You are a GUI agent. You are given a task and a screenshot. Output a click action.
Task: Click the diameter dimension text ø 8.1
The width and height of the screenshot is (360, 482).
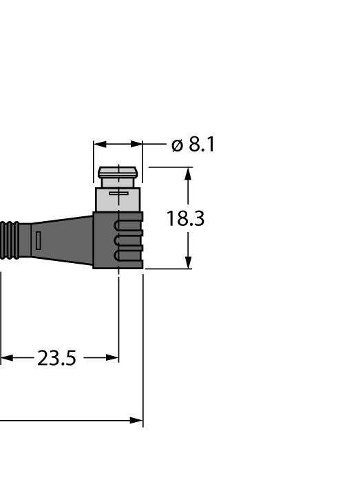(193, 145)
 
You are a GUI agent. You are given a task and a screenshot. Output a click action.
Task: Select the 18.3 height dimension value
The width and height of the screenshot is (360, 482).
(185, 219)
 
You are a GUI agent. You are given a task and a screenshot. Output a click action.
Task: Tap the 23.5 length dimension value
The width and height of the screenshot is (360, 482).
(56, 359)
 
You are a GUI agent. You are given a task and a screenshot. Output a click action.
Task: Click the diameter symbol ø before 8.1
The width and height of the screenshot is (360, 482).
(177, 145)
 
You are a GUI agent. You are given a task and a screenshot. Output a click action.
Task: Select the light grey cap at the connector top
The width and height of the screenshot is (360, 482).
(118, 172)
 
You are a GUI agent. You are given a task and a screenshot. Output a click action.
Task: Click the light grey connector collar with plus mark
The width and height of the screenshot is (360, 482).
(118, 200)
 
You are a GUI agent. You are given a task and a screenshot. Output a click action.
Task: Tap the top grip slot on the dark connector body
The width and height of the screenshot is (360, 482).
(128, 225)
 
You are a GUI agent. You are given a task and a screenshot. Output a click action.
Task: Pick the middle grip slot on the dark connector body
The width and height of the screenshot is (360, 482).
(128, 240)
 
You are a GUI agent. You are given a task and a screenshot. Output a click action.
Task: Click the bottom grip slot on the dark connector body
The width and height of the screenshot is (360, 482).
(128, 255)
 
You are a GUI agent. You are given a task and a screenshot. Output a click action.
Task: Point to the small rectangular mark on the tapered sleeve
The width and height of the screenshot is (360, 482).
(38, 240)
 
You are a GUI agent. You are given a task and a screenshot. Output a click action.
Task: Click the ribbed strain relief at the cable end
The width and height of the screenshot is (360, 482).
(10, 240)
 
